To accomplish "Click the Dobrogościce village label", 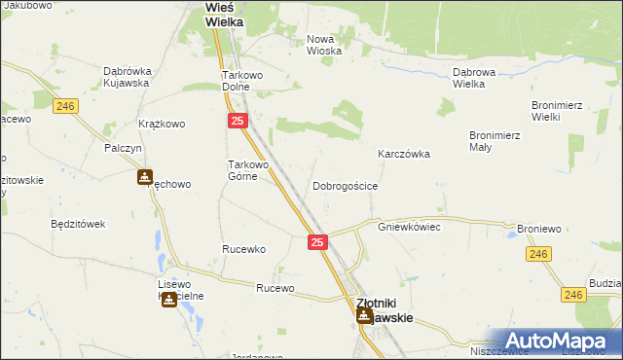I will pos(345,185).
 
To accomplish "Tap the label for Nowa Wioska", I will pos(321,46).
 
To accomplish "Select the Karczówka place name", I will pos(404,154).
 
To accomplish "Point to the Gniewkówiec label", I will pos(410,226).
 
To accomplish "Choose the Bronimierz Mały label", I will pos(494,141).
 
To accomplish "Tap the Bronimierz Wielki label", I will pos(557,111).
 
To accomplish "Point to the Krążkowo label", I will pos(162,125).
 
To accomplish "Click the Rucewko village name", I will pos(243,249).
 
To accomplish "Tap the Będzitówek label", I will pos(78,224).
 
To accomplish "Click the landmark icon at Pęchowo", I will pos(145,177).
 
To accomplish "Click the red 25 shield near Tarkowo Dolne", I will pos(238,121).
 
